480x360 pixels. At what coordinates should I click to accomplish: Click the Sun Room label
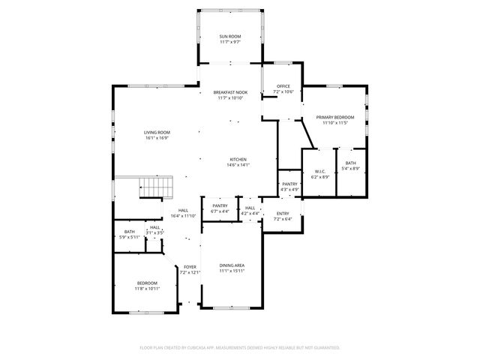click(x=229, y=37)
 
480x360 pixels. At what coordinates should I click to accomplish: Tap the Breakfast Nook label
click(x=229, y=92)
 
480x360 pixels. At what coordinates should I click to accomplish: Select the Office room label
click(x=283, y=86)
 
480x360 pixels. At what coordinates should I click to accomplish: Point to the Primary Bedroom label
click(x=334, y=118)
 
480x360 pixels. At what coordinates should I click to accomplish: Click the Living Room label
click(x=157, y=133)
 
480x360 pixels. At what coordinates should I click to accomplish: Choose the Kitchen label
click(x=238, y=160)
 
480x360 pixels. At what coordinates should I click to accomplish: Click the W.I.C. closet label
click(x=319, y=172)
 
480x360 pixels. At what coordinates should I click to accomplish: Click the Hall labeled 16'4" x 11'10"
click(x=183, y=213)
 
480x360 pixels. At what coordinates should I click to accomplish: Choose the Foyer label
click(x=190, y=268)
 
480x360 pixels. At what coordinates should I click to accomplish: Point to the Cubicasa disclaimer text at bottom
click(x=240, y=347)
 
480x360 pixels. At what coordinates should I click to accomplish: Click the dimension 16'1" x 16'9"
click(x=157, y=138)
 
